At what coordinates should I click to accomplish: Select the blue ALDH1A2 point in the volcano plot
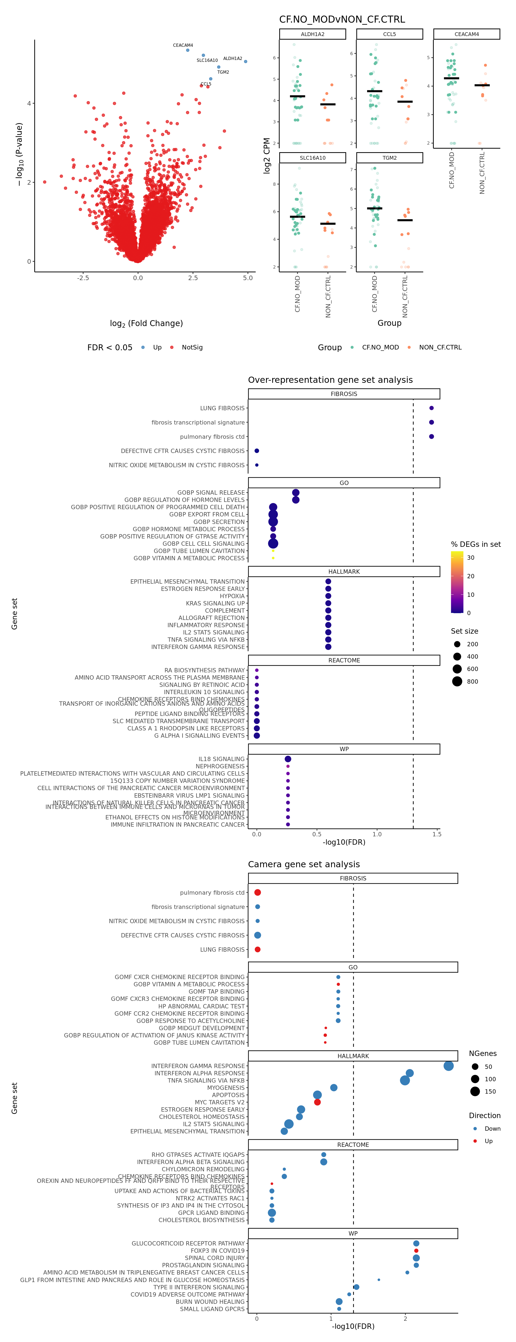[x=246, y=62]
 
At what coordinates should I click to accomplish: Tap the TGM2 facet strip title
[x=389, y=158]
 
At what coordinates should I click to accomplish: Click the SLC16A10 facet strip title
[x=312, y=158]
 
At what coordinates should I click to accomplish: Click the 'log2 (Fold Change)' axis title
[x=146, y=323]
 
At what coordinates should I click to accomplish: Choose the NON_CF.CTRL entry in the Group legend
[x=440, y=348]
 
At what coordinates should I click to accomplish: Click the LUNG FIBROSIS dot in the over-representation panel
[x=431, y=408]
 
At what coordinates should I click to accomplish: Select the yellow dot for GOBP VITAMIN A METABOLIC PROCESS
[x=273, y=558]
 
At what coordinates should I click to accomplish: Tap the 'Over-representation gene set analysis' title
[x=330, y=380]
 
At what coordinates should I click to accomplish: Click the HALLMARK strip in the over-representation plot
[x=344, y=572]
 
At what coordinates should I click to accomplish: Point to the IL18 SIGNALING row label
[x=221, y=759]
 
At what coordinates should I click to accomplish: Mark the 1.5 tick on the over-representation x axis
[x=436, y=834]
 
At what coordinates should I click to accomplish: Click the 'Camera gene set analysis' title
[x=304, y=864]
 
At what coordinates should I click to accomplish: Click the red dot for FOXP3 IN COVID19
[x=416, y=1250]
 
